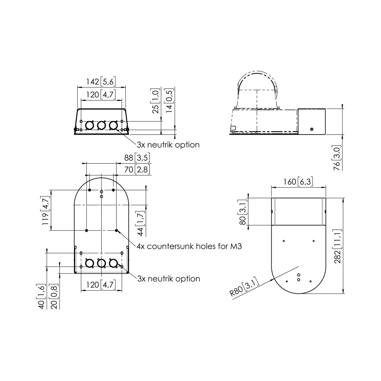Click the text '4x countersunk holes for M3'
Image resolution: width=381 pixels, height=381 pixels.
click(189, 246)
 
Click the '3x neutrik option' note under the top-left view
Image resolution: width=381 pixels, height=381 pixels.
click(168, 145)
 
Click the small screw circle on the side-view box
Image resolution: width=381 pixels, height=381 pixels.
click(312, 129)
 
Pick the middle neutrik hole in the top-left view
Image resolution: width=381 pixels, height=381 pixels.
click(101, 125)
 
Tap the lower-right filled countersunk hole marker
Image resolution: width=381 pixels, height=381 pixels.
click(116, 230)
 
